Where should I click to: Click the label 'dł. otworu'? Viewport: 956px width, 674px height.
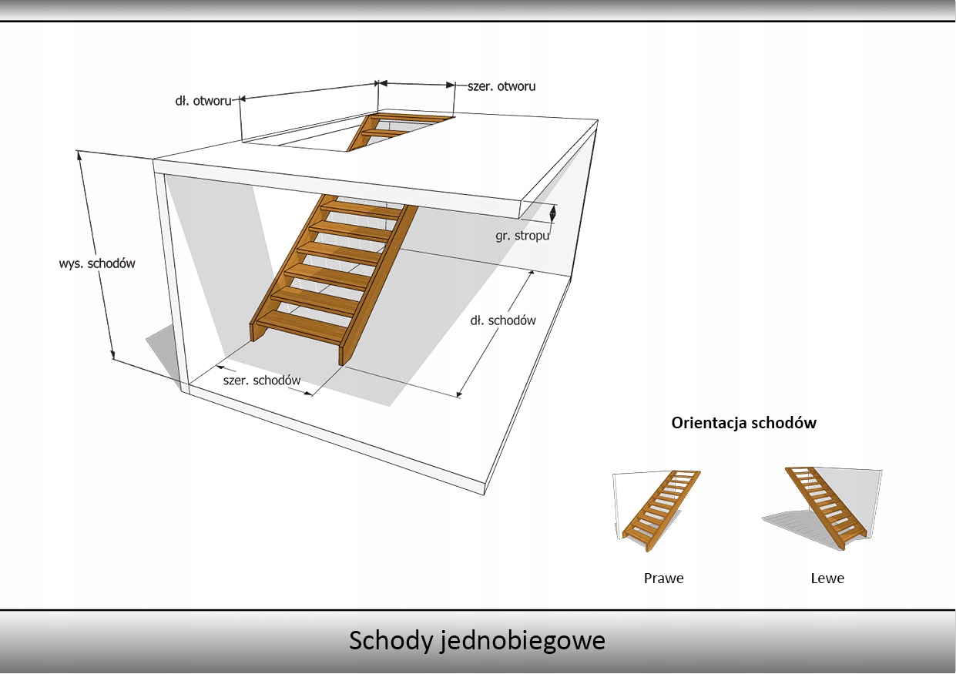203,101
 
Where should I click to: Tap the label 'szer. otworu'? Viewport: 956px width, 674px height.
501,86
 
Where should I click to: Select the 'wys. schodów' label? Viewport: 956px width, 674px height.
97,263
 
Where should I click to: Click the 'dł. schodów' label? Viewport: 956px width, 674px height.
503,320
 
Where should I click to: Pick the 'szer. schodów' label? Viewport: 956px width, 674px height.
262,381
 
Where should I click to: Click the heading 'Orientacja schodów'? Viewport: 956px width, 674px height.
743,422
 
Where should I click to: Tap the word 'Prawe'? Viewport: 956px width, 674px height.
663,578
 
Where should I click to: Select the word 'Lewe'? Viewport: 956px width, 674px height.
827,578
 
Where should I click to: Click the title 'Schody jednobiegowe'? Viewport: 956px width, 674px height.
477,641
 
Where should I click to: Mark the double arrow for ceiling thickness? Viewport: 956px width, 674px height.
552,213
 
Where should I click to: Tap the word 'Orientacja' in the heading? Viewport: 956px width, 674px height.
709,422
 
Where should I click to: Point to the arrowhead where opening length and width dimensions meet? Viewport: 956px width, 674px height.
378,82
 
